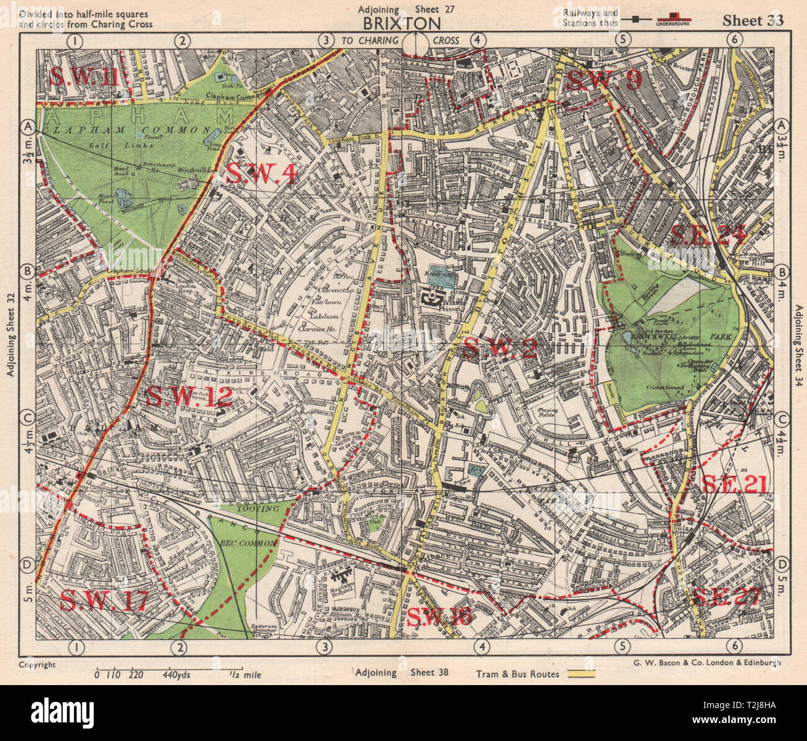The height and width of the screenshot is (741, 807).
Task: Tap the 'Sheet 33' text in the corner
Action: [x=752, y=20]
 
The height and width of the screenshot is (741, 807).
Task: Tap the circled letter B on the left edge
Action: [x=27, y=271]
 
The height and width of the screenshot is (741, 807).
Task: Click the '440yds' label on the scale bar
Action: [x=176, y=675]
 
